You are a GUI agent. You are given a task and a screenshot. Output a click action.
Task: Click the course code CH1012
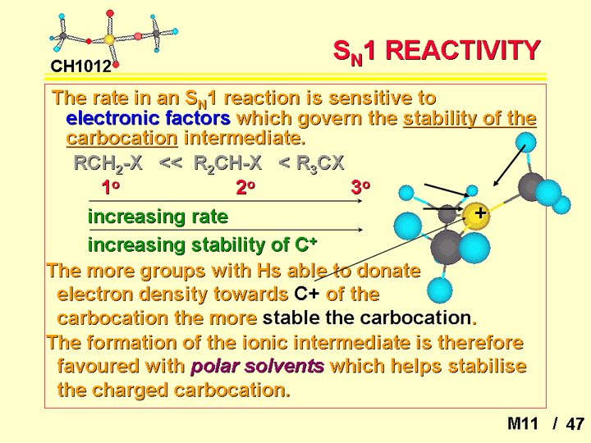81,66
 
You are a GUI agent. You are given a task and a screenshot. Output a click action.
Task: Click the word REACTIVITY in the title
463,51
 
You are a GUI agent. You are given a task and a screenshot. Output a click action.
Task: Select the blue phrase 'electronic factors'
148,118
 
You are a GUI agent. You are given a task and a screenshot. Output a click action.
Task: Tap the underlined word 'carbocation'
121,138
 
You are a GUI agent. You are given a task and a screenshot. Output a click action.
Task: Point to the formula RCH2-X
108,164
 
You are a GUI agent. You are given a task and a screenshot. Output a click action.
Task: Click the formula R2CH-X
227,164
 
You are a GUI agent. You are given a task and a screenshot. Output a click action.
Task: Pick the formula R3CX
320,164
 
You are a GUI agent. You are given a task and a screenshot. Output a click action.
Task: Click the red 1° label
111,187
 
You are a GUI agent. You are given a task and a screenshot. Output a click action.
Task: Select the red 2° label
245,187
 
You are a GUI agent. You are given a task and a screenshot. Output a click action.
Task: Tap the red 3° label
360,187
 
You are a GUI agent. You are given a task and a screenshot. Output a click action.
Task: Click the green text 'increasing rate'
158,217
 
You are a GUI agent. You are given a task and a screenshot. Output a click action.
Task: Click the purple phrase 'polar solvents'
258,366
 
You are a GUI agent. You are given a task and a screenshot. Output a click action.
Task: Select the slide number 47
575,424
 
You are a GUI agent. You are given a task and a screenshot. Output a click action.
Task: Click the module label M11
522,424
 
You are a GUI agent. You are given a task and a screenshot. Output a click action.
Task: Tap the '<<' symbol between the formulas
171,163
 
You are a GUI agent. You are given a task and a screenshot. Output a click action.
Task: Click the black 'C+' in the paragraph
307,294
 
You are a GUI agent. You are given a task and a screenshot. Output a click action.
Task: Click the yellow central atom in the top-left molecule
109,39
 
